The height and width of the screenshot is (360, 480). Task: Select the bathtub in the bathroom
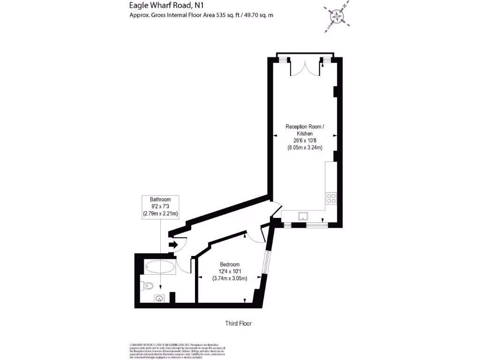(x=160, y=268)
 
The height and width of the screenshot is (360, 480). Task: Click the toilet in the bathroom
(x=150, y=285)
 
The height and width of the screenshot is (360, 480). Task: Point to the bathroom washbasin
(x=160, y=297)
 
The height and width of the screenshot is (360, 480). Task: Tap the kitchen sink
(x=303, y=216)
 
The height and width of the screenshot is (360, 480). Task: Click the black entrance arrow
(x=172, y=244)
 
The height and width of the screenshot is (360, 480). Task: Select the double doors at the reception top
(x=305, y=67)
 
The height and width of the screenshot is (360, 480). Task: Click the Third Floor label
(x=239, y=323)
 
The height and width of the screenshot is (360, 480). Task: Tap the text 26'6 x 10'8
(x=305, y=141)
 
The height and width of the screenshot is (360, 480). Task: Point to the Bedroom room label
(x=230, y=264)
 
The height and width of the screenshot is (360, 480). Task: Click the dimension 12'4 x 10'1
(x=230, y=271)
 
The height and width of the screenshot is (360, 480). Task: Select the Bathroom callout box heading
(x=160, y=199)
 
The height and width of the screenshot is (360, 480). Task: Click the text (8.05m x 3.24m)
(x=305, y=148)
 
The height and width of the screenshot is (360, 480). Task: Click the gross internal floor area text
(x=201, y=15)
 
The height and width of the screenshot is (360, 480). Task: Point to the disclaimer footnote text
(x=178, y=349)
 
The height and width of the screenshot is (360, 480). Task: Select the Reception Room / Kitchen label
(x=305, y=130)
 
